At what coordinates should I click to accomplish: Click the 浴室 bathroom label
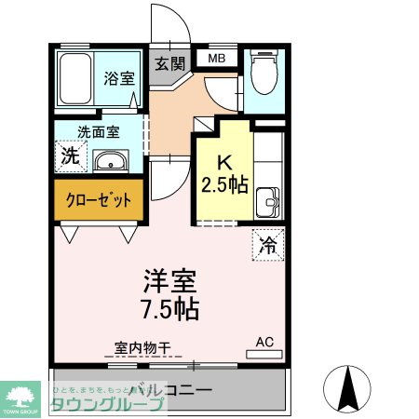coord(119,79)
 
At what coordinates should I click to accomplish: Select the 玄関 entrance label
coord(169,64)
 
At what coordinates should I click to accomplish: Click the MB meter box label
coord(216,60)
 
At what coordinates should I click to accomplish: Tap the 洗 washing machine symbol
coord(69,155)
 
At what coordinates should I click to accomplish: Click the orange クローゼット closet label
coord(98,199)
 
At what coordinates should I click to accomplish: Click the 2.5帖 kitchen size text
coord(224,183)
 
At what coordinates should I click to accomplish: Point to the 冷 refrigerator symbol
coord(267,246)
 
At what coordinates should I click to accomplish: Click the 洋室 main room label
coord(170,278)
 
